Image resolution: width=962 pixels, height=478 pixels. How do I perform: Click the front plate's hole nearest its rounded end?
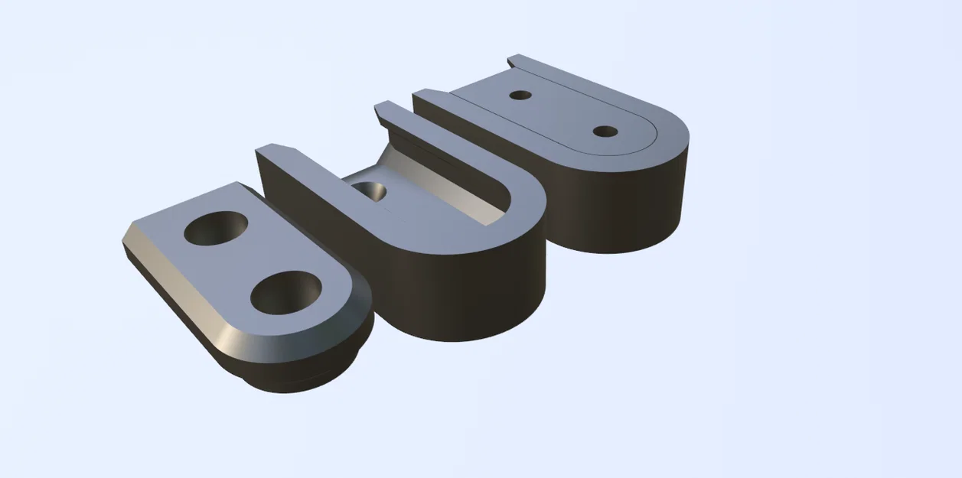tap(285, 293)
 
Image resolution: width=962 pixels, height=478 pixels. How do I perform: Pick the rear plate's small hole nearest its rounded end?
tap(605, 132)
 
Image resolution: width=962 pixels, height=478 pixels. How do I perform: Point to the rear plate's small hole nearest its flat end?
tap(520, 95)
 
